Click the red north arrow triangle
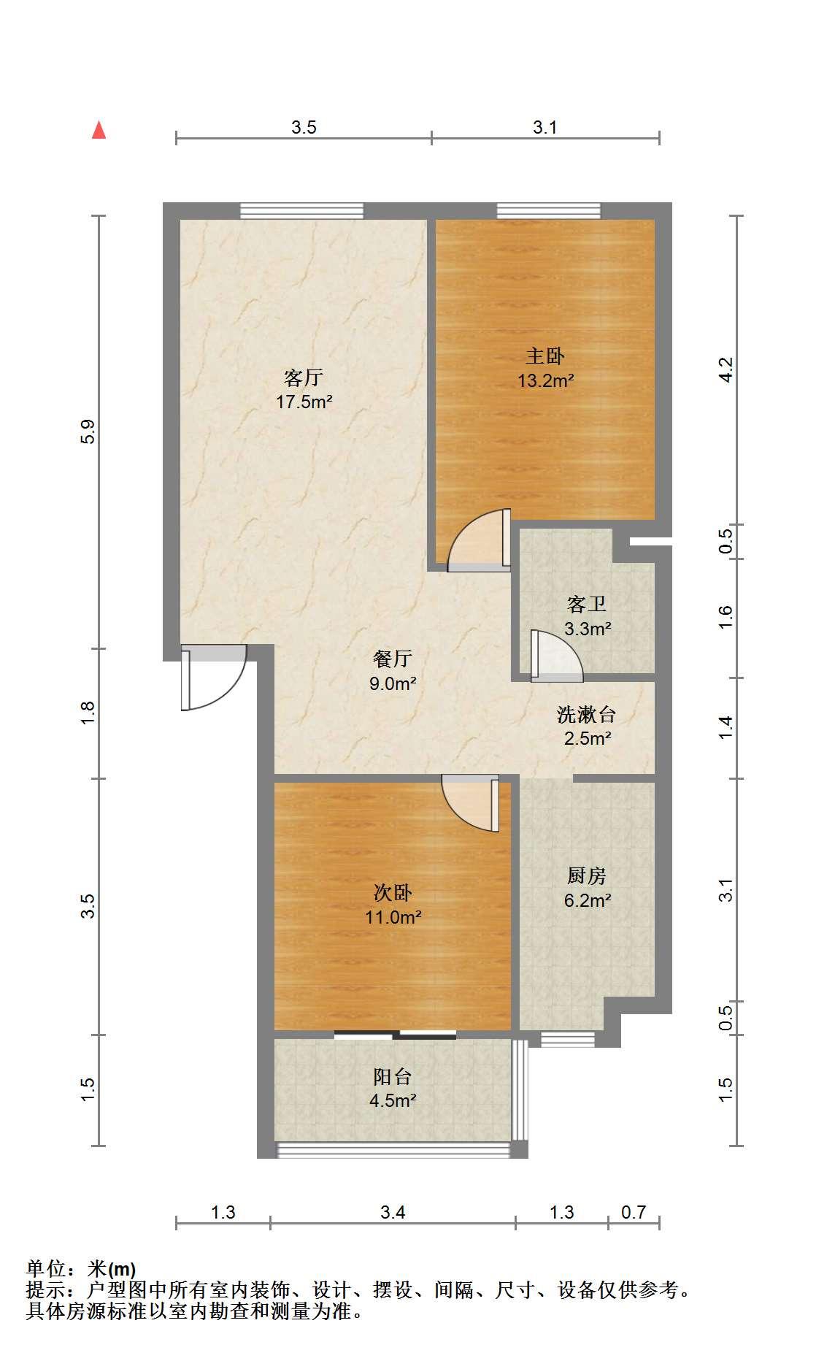[99, 130]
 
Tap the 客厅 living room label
[304, 377]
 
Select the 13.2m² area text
[546, 380]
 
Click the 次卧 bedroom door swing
[471, 803]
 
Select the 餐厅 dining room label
[393, 659]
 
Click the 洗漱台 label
[587, 714]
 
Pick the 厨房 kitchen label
[587, 875]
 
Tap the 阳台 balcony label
[393, 1076]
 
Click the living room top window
[302, 210]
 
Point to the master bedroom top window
[549, 210]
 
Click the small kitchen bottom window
[568, 1038]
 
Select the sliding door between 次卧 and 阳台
[396, 1034]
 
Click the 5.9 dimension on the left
[88, 432]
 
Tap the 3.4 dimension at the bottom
[393, 1213]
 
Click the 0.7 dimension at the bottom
[634, 1213]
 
